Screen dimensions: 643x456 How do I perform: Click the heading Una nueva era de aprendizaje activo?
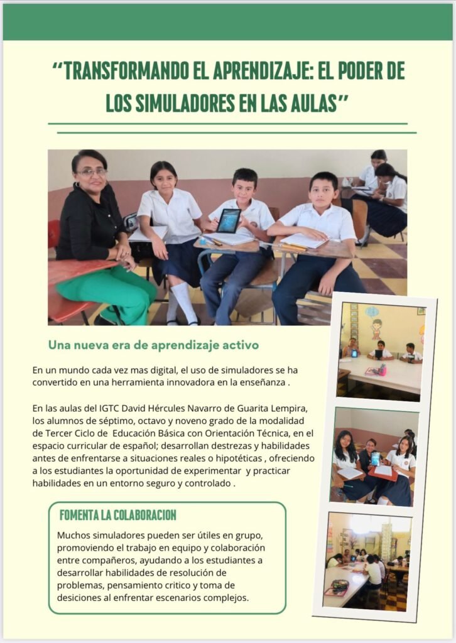click(x=153, y=345)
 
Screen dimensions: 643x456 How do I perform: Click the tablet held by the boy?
click(x=228, y=220)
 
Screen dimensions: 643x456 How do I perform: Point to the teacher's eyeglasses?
click(x=92, y=172)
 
